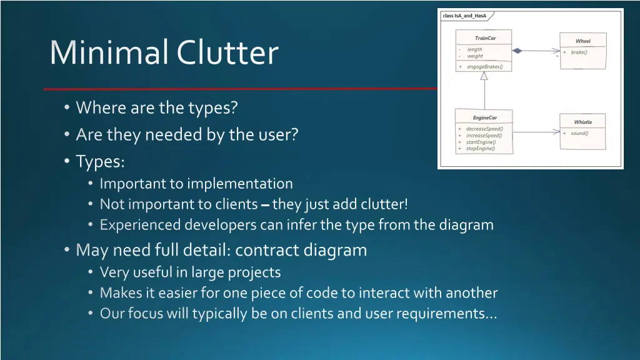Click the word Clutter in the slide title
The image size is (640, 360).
(x=227, y=52)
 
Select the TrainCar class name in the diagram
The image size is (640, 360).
(x=485, y=38)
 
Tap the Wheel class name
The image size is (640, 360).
(x=582, y=41)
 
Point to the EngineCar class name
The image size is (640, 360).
(x=484, y=117)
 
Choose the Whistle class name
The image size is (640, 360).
(x=582, y=122)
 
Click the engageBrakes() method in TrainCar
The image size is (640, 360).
(x=484, y=66)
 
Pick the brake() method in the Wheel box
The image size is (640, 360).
(x=579, y=52)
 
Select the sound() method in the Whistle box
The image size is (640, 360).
(x=579, y=133)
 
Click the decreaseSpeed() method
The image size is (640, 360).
(x=484, y=129)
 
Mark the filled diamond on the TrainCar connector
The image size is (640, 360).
(x=517, y=50)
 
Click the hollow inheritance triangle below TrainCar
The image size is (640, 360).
(x=484, y=76)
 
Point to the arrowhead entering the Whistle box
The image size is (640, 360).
(x=556, y=132)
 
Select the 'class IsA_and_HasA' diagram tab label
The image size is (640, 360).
(x=464, y=16)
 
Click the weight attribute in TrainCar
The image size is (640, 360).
(x=475, y=56)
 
